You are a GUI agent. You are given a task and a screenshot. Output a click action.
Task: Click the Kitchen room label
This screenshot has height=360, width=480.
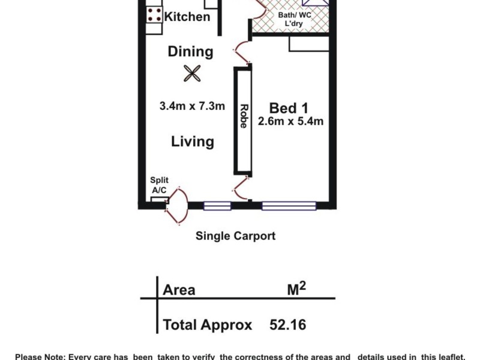(x=187, y=16)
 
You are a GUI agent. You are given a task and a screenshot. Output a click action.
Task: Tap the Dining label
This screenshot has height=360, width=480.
(x=190, y=52)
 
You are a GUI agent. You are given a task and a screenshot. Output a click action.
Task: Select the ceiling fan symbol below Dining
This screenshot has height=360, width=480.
(x=191, y=73)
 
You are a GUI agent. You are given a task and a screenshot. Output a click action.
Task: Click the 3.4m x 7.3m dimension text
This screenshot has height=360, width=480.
(x=192, y=106)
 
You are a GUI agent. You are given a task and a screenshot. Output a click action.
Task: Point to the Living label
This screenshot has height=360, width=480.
(x=193, y=142)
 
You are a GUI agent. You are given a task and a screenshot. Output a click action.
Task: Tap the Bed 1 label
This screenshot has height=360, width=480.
(x=289, y=108)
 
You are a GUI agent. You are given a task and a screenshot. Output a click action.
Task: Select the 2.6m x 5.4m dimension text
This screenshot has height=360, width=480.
(x=290, y=122)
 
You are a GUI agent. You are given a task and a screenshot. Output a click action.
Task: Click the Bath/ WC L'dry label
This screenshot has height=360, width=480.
(x=294, y=20)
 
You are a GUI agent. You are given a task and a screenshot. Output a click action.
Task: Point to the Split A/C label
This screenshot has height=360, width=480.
(x=160, y=185)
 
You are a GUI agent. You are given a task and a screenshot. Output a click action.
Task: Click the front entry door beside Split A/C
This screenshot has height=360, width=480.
(x=178, y=206)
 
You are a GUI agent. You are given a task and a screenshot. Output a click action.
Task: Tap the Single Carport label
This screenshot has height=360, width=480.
(x=235, y=236)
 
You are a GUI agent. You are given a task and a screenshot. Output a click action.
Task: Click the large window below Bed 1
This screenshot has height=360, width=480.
(x=289, y=206)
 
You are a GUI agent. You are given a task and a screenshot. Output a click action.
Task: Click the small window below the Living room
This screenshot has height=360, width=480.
(x=217, y=206)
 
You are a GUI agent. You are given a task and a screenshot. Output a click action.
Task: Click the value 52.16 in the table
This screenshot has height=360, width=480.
(x=287, y=325)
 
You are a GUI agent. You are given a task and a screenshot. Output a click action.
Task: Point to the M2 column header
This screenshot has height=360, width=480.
(x=296, y=289)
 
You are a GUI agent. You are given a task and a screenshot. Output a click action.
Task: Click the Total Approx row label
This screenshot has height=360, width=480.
(x=207, y=325)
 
